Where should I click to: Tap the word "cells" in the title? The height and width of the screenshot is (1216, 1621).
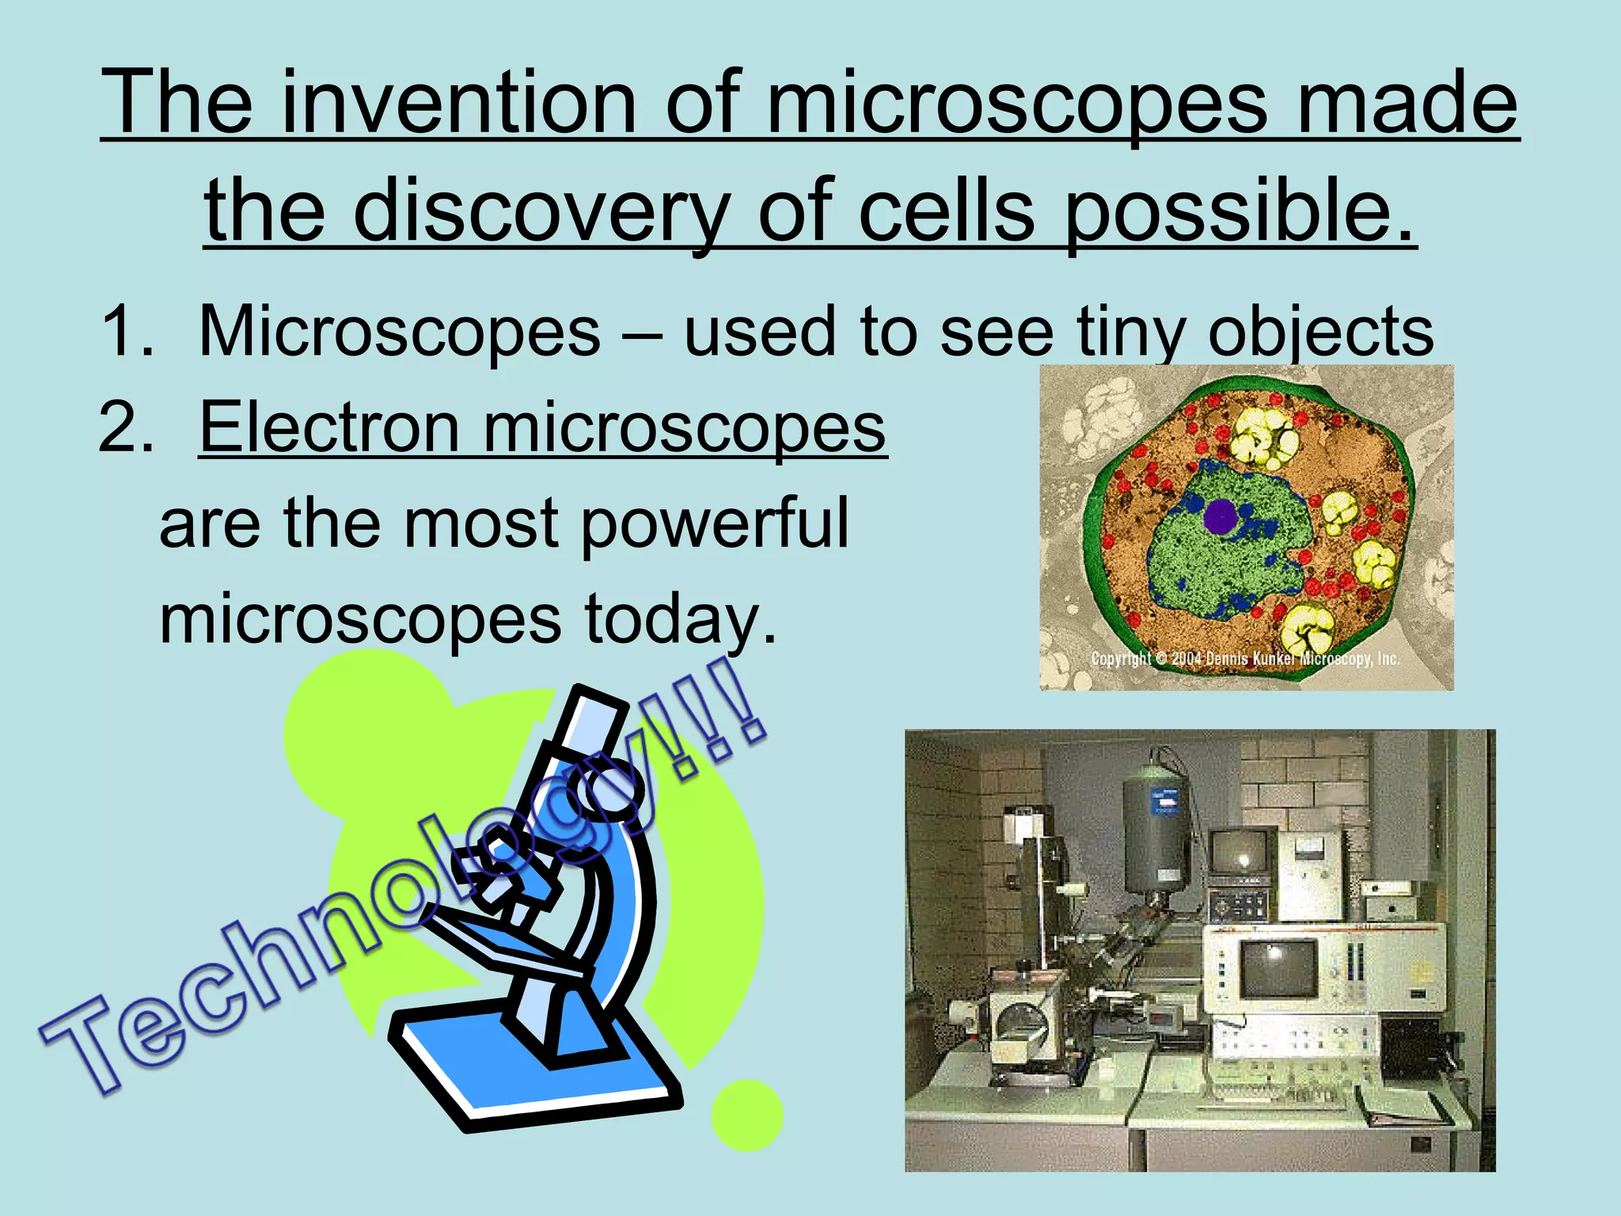947,211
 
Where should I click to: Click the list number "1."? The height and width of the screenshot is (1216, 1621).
127,331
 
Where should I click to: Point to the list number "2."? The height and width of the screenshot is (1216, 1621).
127,427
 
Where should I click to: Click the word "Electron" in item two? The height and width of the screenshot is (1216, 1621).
329,427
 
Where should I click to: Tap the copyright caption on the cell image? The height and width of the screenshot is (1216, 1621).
1245,659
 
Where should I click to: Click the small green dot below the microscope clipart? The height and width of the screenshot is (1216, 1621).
746,1115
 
